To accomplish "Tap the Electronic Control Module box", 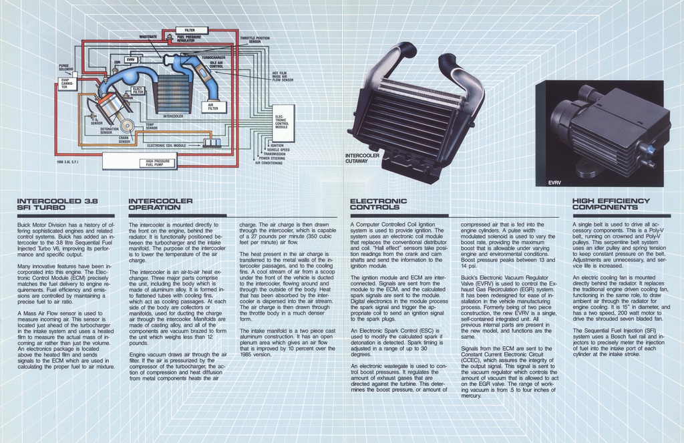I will pos(283,123).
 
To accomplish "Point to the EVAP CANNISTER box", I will pos(67,84).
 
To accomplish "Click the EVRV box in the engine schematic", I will pos(130,59).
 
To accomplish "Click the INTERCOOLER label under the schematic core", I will pos(173,116).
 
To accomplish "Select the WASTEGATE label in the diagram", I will pos(148,36).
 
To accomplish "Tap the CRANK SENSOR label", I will pos(124,140).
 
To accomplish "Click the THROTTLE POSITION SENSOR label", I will pos(254,40).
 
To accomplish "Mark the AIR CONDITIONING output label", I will pos(269,162).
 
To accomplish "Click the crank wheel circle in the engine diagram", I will pos(128,126).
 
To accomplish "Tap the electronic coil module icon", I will pos(212,142).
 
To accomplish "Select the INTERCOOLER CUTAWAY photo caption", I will pos(362,158).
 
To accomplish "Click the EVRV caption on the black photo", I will pos(555,182).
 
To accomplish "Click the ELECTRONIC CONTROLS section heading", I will pos(378,204).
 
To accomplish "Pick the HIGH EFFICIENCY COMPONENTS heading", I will pos(611,204).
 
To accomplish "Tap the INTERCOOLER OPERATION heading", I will pos(160,204).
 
